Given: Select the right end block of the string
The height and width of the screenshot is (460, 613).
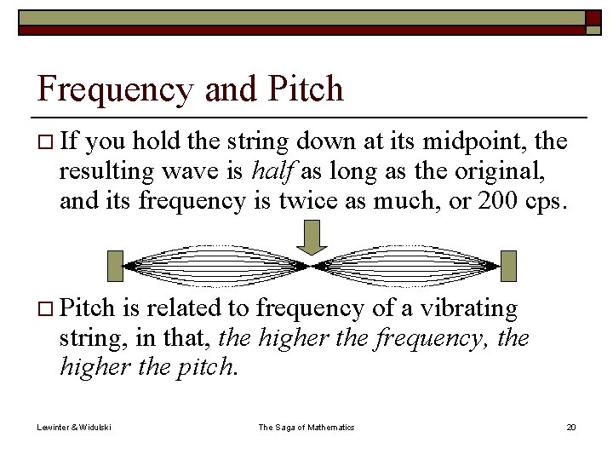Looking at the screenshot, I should tap(508, 265).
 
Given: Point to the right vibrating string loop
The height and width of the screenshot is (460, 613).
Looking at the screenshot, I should tap(409, 265).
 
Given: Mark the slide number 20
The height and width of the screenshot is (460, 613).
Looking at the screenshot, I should tap(570, 427).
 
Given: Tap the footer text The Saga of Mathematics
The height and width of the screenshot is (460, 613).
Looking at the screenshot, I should tap(306, 427).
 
